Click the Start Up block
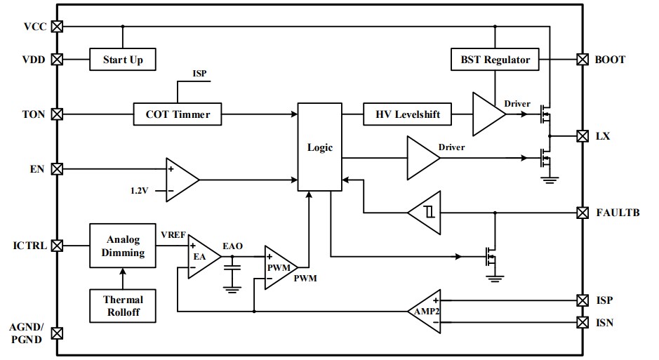click(123, 60)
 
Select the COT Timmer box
click(178, 114)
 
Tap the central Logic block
click(319, 147)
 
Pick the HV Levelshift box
click(407, 114)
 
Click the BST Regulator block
click(495, 60)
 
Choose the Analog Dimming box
click(123, 246)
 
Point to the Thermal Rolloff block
click(123, 305)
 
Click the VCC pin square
click(58, 27)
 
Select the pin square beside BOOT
click(582, 60)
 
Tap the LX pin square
click(582, 135)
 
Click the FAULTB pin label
click(618, 212)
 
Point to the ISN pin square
click(582, 322)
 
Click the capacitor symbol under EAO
click(231, 269)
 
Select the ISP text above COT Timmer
click(199, 74)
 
